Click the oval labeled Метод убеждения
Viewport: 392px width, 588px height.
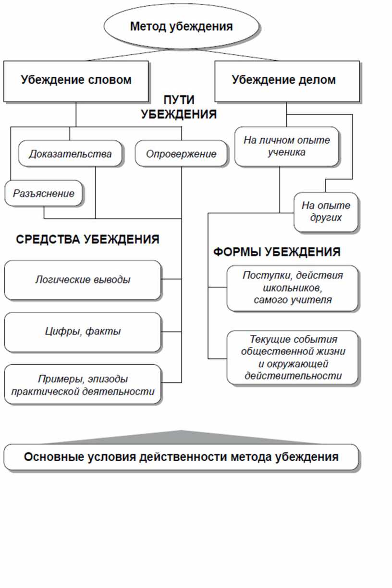point(182,26)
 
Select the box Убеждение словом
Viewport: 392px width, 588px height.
point(76,81)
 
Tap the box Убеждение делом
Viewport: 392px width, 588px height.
point(287,81)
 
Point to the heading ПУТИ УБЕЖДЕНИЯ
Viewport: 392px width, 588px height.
point(179,107)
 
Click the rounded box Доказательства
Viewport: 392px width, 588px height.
point(70,154)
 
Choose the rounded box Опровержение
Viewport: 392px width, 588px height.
point(181,154)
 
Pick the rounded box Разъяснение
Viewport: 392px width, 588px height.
point(44,193)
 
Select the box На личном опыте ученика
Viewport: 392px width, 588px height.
point(287,147)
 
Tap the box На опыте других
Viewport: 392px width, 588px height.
point(326,212)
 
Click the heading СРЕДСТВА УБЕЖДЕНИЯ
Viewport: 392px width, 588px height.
point(88,239)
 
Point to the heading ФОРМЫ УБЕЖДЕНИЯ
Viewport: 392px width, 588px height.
point(277,252)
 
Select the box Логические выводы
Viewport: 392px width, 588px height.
point(83,280)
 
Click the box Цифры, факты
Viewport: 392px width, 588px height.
point(83,332)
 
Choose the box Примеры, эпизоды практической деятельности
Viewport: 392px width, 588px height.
point(83,384)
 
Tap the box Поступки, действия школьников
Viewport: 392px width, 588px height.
point(293,288)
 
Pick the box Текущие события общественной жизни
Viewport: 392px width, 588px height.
point(293,357)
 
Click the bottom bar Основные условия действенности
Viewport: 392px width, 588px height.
point(181,457)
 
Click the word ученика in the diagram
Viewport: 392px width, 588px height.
point(287,152)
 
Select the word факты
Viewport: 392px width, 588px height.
point(103,331)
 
